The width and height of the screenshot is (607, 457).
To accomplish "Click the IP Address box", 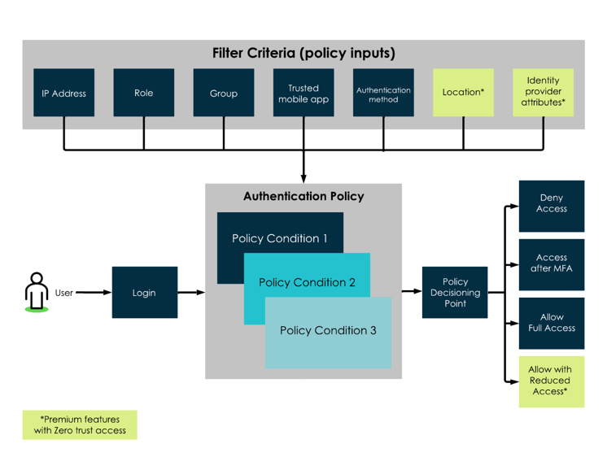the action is click(64, 93).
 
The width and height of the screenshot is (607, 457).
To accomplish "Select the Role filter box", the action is click(144, 93).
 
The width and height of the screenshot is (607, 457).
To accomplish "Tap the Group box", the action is click(224, 93).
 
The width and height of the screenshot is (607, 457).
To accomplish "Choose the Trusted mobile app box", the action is click(303, 93).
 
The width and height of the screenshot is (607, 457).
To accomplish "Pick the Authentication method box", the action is click(383, 93).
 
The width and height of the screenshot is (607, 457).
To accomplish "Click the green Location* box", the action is click(463, 93).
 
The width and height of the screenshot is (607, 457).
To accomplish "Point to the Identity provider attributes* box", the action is click(543, 93).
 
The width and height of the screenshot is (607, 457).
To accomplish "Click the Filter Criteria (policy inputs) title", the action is click(303, 53).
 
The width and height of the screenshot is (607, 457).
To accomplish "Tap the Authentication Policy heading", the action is click(303, 197).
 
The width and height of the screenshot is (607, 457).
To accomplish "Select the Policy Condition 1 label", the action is click(280, 238).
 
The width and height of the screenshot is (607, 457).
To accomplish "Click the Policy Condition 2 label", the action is click(307, 282).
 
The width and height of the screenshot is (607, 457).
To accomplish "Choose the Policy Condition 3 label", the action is click(328, 330).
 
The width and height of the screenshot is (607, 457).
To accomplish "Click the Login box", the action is click(145, 293).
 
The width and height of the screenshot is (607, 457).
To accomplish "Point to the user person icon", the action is click(37, 292).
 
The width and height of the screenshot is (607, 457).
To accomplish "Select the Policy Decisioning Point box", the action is click(455, 293).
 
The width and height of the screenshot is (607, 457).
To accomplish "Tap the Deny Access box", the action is click(552, 207).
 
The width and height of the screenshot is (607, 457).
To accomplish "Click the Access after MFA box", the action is click(552, 264).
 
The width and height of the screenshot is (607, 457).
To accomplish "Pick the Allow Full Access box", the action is click(552, 324).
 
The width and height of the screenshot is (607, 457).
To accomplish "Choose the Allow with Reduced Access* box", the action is click(552, 381).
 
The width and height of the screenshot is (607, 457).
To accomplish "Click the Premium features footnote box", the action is click(80, 425).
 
